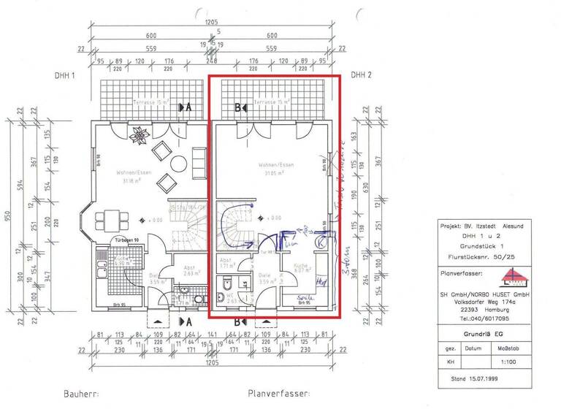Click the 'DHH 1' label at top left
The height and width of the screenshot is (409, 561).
64,75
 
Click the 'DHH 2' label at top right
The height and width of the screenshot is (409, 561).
361,75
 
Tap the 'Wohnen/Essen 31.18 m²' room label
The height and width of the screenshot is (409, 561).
131,177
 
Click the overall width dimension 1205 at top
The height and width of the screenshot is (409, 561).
212,23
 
